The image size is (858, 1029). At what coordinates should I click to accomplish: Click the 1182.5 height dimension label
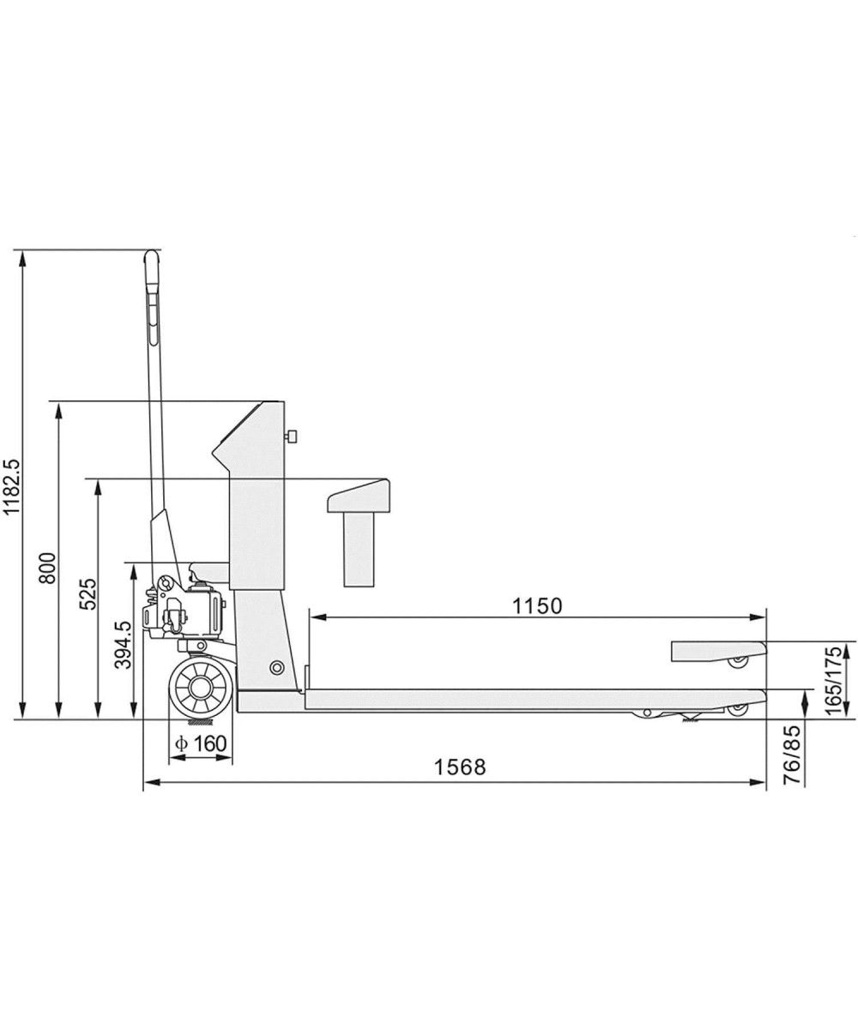(x=11, y=487)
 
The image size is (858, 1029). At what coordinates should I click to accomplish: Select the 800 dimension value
(x=48, y=569)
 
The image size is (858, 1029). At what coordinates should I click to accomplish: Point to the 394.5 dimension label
(x=123, y=645)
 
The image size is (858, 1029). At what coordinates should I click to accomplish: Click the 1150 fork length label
(x=537, y=605)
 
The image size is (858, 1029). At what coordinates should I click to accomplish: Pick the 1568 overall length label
(x=460, y=767)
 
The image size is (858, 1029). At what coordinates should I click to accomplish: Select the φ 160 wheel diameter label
(x=201, y=743)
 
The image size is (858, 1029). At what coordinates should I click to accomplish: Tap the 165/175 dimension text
(x=833, y=681)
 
